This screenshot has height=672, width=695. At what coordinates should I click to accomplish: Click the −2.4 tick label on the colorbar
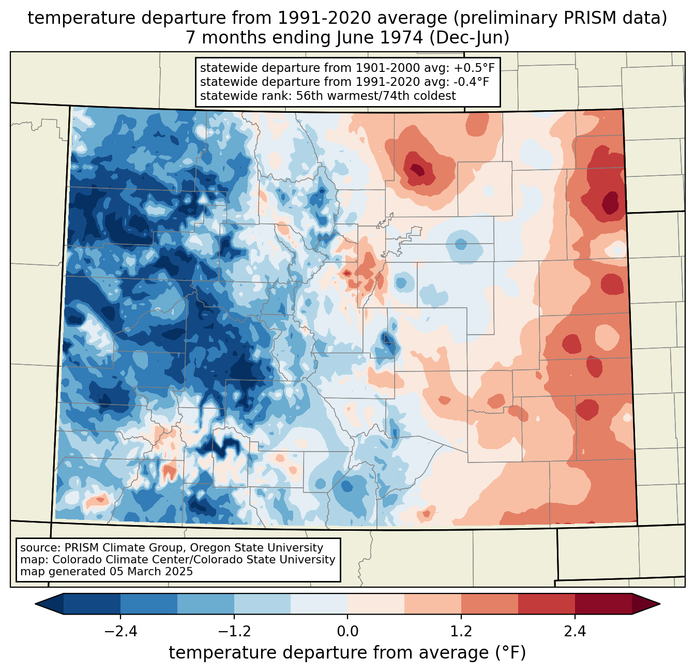click(x=120, y=632)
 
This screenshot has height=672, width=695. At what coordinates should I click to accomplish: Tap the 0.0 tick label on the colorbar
click(x=347, y=632)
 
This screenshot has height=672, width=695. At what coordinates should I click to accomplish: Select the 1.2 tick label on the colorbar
click(x=461, y=632)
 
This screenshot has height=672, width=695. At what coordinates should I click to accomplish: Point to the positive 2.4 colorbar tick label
click(x=575, y=632)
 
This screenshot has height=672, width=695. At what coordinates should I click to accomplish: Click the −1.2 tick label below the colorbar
click(x=234, y=632)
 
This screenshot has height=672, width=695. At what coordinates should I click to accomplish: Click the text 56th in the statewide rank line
click(x=310, y=96)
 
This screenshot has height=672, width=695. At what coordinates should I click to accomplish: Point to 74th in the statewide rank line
click(x=392, y=96)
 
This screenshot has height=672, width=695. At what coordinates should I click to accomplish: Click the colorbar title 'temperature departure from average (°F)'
click(x=347, y=653)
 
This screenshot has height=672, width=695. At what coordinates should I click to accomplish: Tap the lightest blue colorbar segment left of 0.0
click(x=319, y=604)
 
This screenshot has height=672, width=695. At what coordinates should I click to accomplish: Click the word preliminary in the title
click(x=503, y=18)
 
